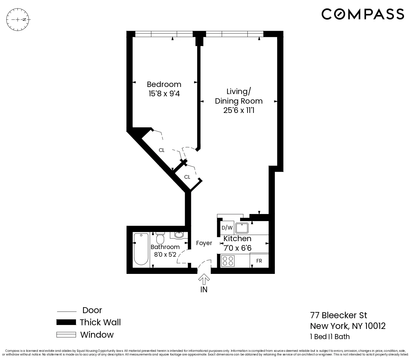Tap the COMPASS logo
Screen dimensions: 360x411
click(x=363, y=14)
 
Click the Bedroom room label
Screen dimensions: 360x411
click(x=164, y=84)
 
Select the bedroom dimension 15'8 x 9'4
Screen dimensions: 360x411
click(x=164, y=93)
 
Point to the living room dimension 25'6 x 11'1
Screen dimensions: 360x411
click(x=239, y=110)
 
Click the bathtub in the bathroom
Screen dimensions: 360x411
click(x=141, y=249)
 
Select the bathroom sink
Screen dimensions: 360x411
click(x=179, y=235)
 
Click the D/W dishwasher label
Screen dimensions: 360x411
click(x=227, y=228)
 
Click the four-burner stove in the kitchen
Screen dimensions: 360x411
click(x=228, y=261)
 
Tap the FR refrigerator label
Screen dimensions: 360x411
click(x=259, y=261)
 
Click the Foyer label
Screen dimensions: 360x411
click(x=204, y=243)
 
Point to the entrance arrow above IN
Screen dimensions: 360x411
click(x=204, y=280)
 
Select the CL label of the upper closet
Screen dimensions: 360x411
click(x=162, y=150)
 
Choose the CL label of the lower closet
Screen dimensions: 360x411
click(x=187, y=177)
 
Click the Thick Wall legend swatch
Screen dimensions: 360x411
click(x=66, y=322)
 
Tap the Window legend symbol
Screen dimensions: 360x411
click(x=66, y=335)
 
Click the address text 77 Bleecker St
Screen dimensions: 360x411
click(x=338, y=315)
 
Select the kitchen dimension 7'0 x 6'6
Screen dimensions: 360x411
click(x=237, y=248)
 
